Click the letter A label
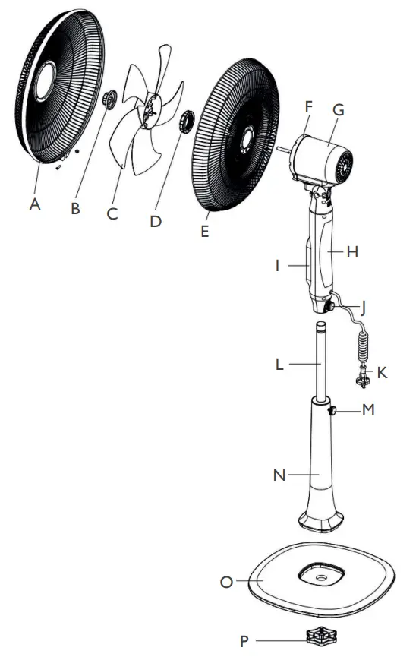pos(34,204)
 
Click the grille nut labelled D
pos(184,121)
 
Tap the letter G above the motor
pos(339,109)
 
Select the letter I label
pos(278,267)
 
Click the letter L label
pos(279,365)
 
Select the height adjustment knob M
pos(333,411)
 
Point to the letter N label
pos(279,475)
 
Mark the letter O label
pos(225,582)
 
